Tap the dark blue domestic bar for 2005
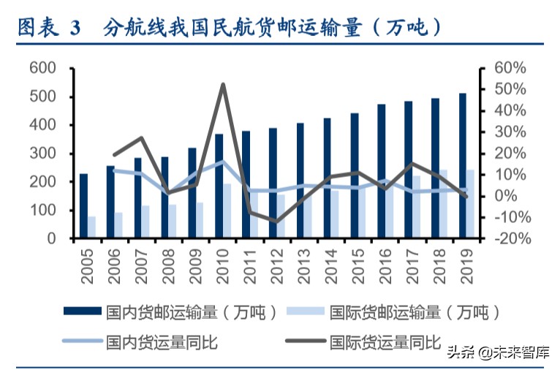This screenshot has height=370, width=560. [x=83, y=205]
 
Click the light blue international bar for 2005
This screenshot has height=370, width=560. [x=92, y=227]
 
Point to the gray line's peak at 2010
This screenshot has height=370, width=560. [x=223, y=85]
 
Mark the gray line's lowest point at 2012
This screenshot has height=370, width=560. [x=276, y=221]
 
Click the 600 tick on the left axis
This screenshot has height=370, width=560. [x=42, y=69]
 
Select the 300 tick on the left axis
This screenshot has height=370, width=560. [x=42, y=154]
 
